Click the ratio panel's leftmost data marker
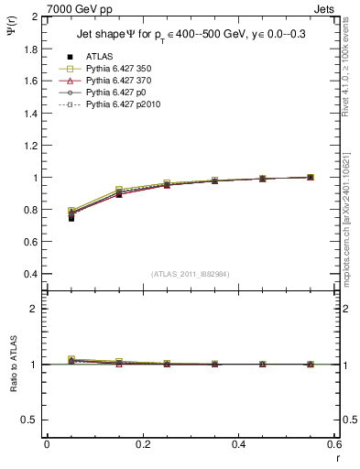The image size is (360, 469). (71, 360)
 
